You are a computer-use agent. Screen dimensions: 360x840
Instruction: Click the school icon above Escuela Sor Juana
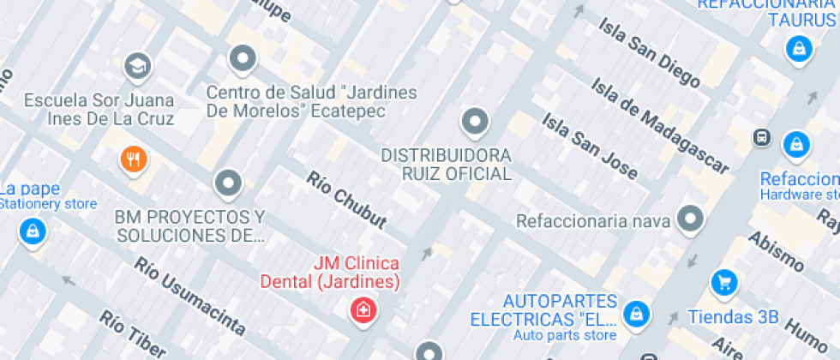tap(136, 64)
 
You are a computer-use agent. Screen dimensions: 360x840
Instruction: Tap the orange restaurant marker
tap(133, 159)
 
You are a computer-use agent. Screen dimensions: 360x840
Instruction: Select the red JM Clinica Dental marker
tap(363, 309)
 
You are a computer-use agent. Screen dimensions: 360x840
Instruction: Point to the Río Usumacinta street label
tap(189, 296)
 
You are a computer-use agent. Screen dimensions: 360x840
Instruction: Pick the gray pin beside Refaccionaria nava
tap(690, 219)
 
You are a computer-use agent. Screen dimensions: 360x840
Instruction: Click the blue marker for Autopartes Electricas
tap(635, 313)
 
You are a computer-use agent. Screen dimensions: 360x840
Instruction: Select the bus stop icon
tap(760, 137)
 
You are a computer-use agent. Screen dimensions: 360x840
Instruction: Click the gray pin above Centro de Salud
tap(243, 58)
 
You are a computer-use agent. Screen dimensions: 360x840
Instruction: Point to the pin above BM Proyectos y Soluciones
tap(228, 182)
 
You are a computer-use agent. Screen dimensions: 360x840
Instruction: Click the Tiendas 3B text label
tap(734, 317)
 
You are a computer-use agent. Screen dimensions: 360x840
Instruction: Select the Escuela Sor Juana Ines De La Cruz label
tap(99, 110)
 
